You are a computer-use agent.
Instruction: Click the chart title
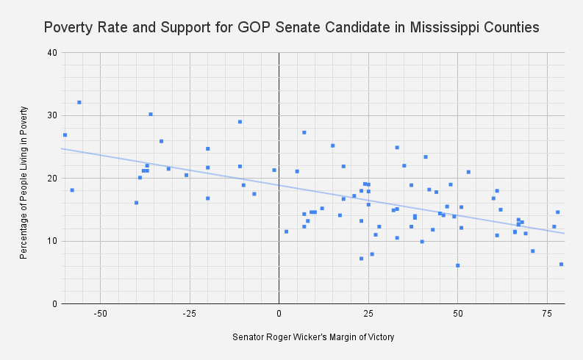292,27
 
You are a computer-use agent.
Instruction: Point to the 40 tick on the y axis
52,53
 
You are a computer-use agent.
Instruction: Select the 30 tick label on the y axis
52,115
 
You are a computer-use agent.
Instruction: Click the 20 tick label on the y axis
52,179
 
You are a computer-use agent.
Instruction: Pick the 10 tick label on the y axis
52,241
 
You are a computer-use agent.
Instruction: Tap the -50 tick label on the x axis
101,313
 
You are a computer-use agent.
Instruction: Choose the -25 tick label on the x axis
190,313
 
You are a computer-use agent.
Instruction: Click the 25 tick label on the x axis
368,313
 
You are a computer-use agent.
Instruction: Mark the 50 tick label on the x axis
458,313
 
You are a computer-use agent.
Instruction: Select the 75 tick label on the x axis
547,313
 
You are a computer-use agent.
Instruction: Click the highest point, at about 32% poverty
79,102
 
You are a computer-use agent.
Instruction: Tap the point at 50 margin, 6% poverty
458,265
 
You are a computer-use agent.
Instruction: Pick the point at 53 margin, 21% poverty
468,172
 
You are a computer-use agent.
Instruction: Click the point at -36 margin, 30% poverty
151,114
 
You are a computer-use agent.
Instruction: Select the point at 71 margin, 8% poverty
533,251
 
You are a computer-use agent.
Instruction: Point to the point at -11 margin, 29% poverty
240,122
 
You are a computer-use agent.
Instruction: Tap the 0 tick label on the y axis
54,303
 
